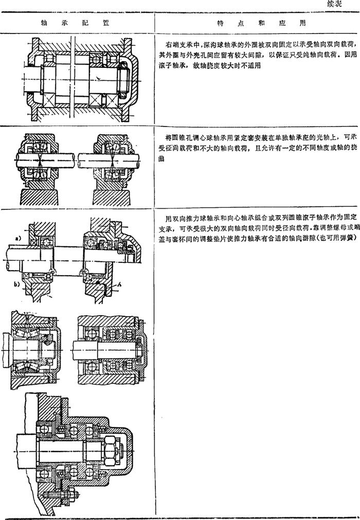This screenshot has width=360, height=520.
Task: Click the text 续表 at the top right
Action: coord(334,4)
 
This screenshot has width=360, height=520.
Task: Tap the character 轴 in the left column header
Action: coord(44,23)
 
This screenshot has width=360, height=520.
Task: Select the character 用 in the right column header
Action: coord(302,23)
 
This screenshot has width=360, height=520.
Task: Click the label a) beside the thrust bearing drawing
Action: coord(18,238)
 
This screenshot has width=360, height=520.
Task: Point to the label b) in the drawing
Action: coord(16,283)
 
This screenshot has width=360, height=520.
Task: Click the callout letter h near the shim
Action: coord(119,284)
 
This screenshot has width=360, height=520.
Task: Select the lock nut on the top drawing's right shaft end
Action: coord(122,78)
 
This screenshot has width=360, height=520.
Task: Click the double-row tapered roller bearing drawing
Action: coord(32,350)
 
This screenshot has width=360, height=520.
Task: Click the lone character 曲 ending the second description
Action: coord(161,158)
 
